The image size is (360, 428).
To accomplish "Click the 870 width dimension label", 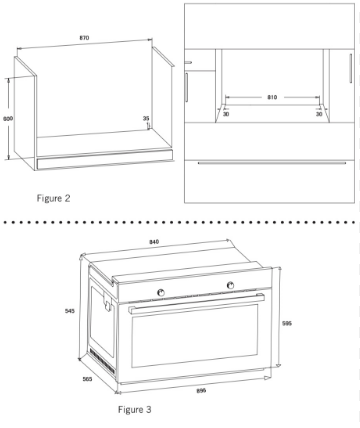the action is coord(84,38).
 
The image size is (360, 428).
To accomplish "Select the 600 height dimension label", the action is coord(8,118).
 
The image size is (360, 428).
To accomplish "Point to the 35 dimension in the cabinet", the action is coord(146,118).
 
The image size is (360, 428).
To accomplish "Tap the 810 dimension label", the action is coord(272,97).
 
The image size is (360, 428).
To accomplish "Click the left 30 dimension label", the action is coord(226,114).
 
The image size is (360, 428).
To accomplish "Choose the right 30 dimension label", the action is coord(319,114).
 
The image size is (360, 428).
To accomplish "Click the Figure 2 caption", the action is coord(54,198).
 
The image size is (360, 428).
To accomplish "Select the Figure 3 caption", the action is coord(135,409).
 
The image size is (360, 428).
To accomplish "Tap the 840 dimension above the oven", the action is coord(154,242).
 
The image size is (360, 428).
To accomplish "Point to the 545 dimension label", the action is coord(70,311).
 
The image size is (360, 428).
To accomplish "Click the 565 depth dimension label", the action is coord(87,379).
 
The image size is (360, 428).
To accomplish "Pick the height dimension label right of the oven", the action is coord(287,323).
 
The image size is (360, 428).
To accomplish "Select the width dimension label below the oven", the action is coord(201,390).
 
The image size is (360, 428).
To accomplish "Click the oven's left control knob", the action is coord(161,292).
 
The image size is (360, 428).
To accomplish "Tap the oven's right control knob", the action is coord(230,285).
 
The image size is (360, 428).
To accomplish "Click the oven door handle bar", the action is coord(196,303).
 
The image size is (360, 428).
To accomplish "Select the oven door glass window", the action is coord(195,335).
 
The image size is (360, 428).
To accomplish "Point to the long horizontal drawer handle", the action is coord(272,163).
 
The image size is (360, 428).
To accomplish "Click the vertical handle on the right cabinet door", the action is coord(351,68).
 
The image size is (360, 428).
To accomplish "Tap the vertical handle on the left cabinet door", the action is coord(187,87).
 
